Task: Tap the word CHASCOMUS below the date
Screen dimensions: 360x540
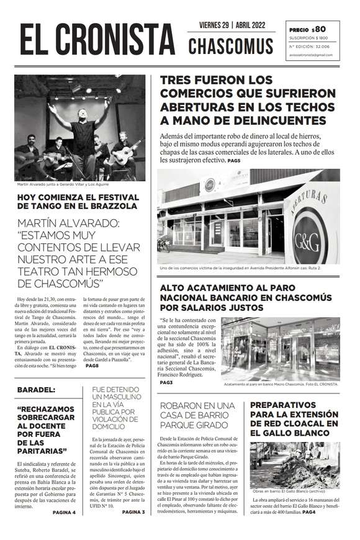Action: click(231, 46)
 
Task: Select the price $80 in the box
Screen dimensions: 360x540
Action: click(318, 29)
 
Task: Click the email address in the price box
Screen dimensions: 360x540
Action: click(310, 55)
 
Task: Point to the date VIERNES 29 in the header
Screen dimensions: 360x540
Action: click(216, 25)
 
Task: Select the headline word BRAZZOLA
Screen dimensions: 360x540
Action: click(122, 205)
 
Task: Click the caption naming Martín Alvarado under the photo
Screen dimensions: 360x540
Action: click(58, 184)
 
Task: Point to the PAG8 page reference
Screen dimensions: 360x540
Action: click(92, 366)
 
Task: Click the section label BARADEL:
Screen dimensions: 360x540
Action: click(36, 389)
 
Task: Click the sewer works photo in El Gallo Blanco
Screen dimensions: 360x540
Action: click(295, 464)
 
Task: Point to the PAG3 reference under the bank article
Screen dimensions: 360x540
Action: click(166, 382)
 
